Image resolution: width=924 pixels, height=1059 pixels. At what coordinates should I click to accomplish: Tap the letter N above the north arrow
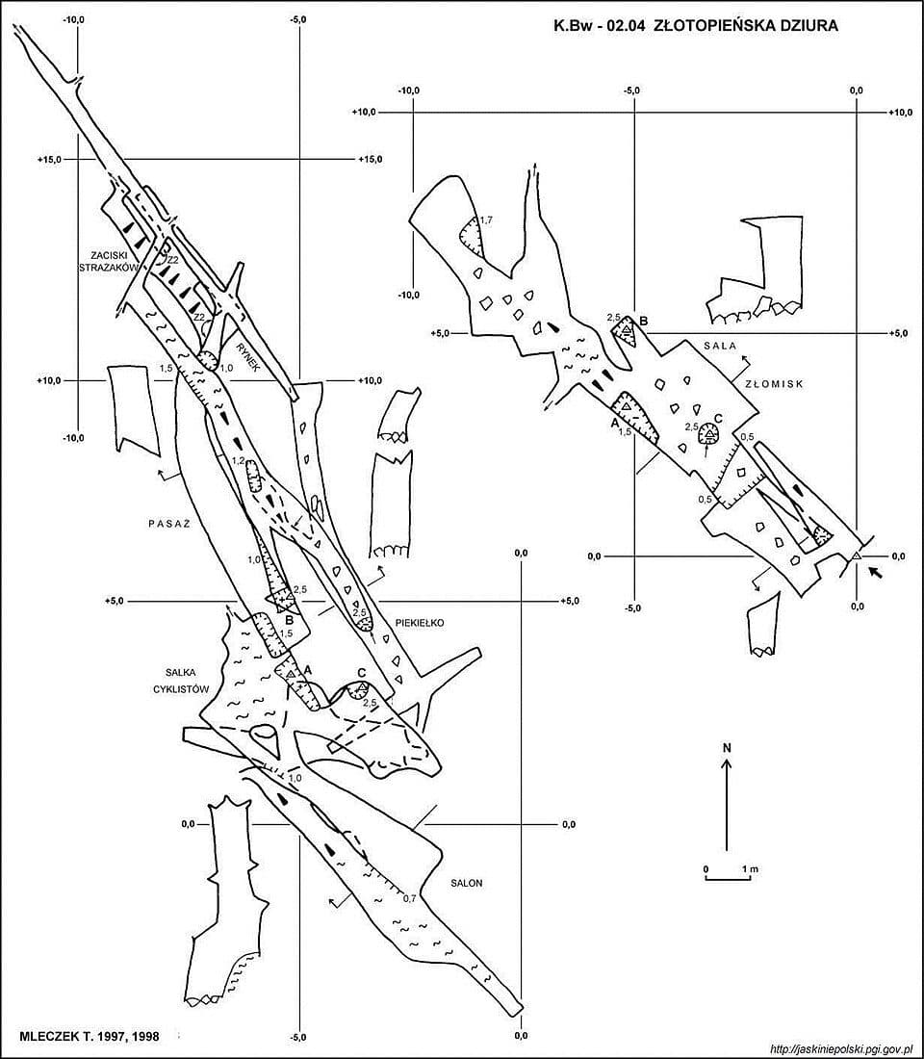(x=727, y=748)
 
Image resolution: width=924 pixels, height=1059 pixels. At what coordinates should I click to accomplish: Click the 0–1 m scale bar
(x=730, y=877)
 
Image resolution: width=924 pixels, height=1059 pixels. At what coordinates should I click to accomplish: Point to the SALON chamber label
(x=467, y=883)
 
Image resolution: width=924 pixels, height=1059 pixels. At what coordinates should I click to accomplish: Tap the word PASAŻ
(x=168, y=524)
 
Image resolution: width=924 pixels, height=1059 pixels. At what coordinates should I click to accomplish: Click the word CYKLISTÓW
(x=181, y=689)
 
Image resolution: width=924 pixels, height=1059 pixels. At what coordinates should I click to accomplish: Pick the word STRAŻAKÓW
(x=108, y=268)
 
